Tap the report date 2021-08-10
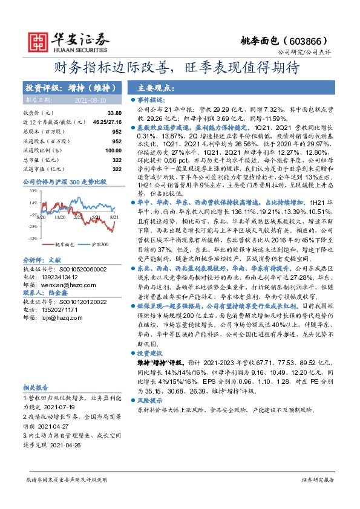point(90,101)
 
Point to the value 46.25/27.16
point(108,122)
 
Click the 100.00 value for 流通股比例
point(113,150)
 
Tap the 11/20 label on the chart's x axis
point(61,216)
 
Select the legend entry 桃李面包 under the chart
point(64,244)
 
